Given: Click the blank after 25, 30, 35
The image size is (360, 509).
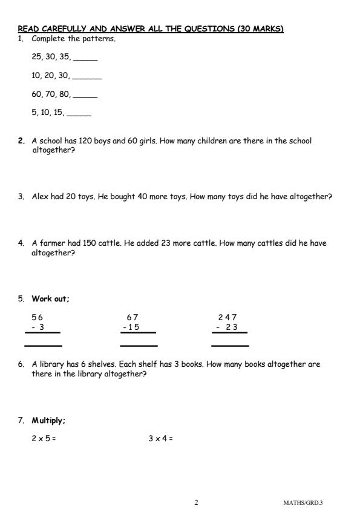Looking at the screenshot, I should tap(85, 59).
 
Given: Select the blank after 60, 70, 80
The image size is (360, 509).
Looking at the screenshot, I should tap(85, 96).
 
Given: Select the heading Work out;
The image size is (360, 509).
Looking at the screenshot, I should tap(51, 299).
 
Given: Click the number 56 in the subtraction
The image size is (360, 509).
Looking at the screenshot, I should tap(38, 317).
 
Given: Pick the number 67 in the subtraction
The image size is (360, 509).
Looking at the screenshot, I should tap(133, 317).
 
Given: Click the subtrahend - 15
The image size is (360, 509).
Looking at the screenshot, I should tap(131, 327).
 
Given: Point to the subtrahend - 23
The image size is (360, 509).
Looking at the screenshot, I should tap(227, 327).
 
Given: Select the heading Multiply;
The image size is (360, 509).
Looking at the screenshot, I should tap(49, 420).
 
